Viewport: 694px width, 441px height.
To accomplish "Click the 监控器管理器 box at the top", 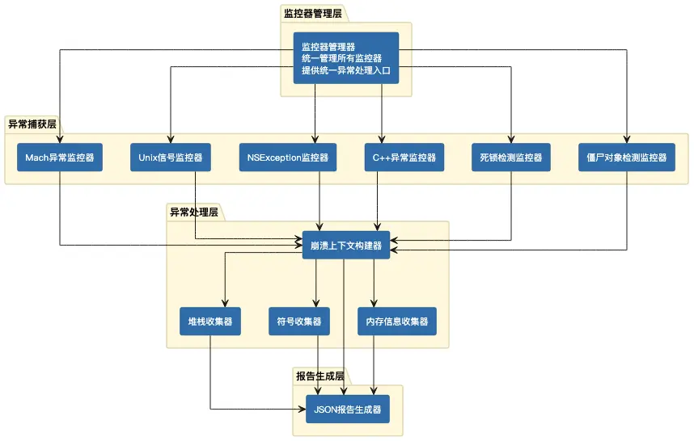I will (x=345, y=57).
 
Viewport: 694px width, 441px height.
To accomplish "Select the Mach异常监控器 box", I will (x=60, y=157).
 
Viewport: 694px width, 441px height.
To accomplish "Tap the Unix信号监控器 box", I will (x=171, y=157).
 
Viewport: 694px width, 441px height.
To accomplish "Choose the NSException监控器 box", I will (x=288, y=157).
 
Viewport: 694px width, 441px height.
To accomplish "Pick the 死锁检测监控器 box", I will (x=510, y=157).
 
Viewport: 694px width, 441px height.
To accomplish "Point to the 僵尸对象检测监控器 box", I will (x=627, y=157).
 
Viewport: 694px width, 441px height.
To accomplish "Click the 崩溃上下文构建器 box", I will (x=345, y=245).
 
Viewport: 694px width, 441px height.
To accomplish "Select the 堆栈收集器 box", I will (x=209, y=321).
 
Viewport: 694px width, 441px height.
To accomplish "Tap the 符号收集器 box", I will (x=298, y=321).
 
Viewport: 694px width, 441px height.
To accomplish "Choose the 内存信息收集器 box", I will (x=397, y=321).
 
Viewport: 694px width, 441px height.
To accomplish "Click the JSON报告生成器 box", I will (x=347, y=409).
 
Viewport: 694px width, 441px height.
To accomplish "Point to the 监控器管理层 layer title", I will (x=312, y=13).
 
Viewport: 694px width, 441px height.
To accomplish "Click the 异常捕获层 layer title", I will (x=32, y=124).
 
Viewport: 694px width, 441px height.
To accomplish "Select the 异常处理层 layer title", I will (x=193, y=212).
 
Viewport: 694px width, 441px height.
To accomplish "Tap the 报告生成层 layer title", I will (x=320, y=376).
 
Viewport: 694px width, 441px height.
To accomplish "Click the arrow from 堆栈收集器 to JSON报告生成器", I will (x=210, y=380).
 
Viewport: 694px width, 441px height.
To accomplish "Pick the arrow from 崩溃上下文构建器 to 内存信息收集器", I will (x=374, y=283).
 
